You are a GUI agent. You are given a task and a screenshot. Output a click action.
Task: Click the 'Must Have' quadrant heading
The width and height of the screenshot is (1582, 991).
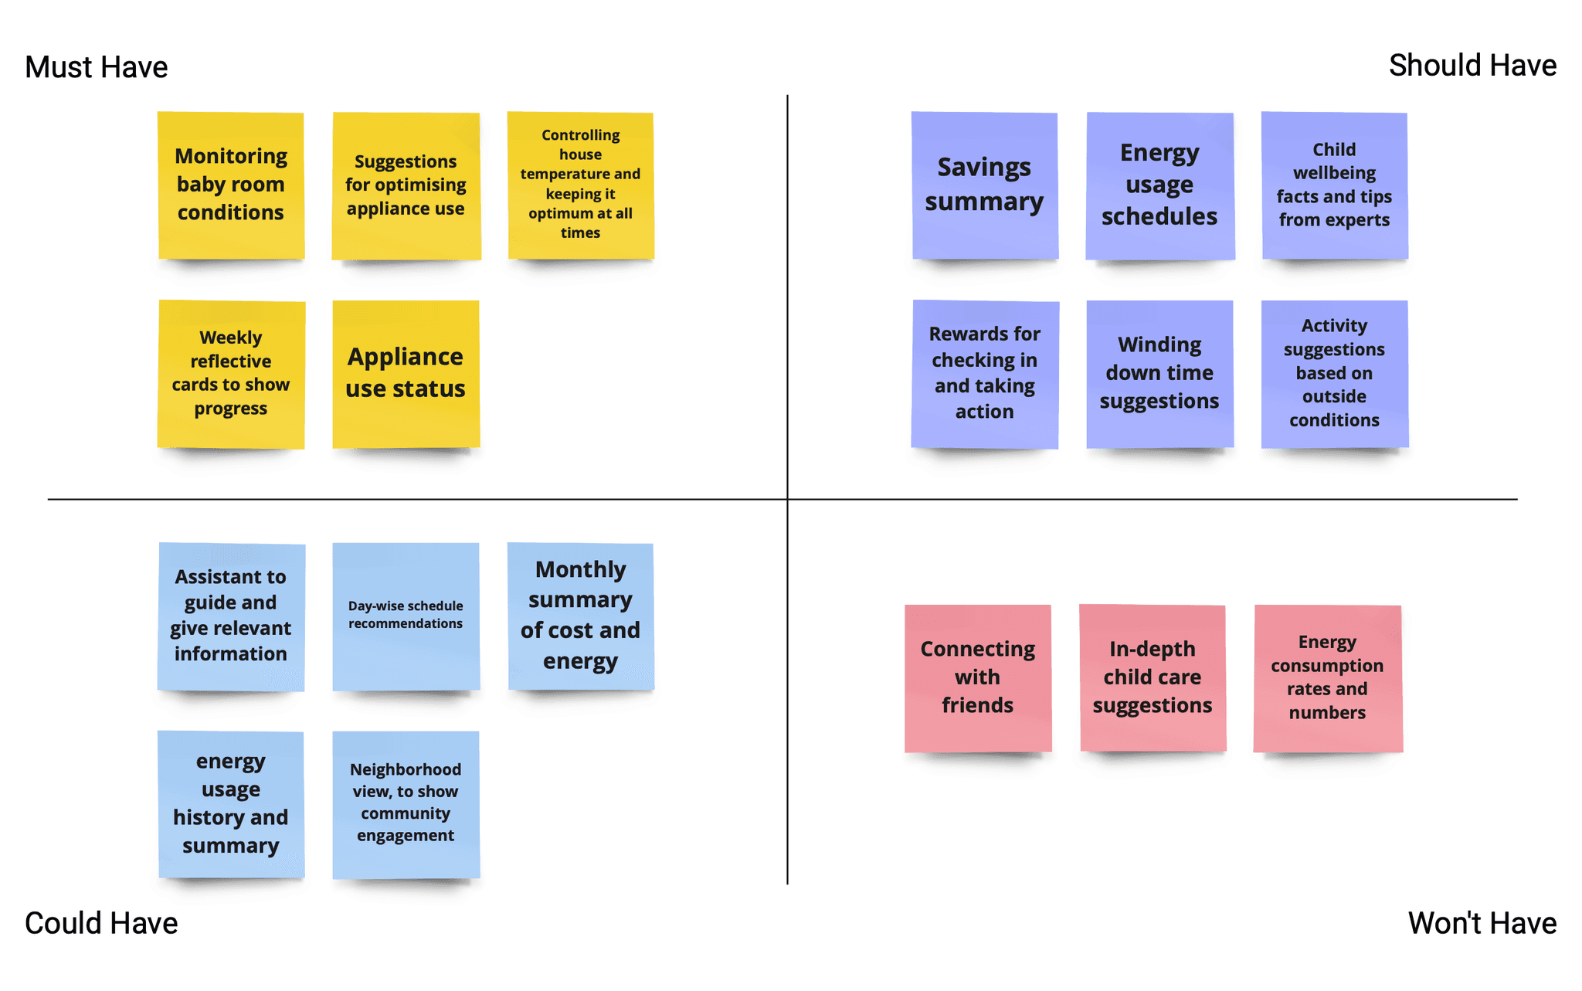[96, 67]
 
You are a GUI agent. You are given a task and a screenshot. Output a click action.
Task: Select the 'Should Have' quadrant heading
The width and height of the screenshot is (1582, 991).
[1472, 66]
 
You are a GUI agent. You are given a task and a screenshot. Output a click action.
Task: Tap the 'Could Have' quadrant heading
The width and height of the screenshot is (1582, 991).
[101, 923]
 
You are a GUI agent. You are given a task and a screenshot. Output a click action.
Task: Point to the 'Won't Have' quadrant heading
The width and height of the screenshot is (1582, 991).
[1482, 923]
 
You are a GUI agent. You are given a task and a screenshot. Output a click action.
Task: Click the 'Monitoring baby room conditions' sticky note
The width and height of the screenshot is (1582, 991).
[231, 185]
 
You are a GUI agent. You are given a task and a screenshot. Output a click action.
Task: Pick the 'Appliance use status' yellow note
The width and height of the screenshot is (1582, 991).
[406, 374]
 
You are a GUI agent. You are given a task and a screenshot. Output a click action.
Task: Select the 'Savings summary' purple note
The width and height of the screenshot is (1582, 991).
[984, 185]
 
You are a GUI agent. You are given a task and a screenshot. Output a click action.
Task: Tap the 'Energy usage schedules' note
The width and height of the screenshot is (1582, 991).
[1159, 185]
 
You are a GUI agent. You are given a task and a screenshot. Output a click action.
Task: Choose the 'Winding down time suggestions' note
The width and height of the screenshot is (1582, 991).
[1159, 374]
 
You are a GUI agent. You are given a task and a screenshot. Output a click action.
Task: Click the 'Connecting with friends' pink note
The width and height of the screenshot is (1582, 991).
[977, 677]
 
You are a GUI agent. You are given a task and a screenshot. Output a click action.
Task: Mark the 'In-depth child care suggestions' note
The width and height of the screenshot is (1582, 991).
[1153, 677]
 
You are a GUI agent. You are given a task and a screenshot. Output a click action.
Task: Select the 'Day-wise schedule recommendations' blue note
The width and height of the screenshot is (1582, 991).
[406, 616]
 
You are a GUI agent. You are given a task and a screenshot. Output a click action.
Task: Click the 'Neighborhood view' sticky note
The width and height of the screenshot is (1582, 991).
[406, 803]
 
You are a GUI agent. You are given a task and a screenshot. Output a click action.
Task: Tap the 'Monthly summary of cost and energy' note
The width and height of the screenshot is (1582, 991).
[580, 616]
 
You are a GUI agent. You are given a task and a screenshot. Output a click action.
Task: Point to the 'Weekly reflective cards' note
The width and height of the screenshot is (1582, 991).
[231, 374]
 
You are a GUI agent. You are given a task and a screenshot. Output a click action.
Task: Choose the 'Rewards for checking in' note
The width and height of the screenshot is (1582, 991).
[984, 374]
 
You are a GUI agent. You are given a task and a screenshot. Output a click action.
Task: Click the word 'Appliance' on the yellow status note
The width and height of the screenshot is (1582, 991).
[406, 357]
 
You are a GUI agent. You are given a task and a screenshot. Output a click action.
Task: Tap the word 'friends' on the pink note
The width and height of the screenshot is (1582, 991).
[977, 705]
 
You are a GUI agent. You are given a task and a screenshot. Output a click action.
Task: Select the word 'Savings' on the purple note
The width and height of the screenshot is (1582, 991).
[984, 168]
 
